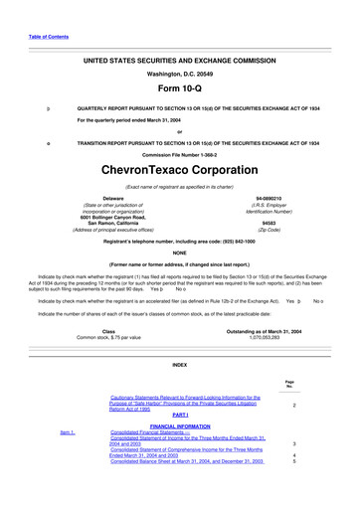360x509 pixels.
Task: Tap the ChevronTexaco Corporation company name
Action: [179, 170]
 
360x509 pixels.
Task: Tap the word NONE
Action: [179, 252]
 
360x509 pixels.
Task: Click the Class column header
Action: [95, 330]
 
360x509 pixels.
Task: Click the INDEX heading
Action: [179, 365]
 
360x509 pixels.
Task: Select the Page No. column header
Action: [289, 383]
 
